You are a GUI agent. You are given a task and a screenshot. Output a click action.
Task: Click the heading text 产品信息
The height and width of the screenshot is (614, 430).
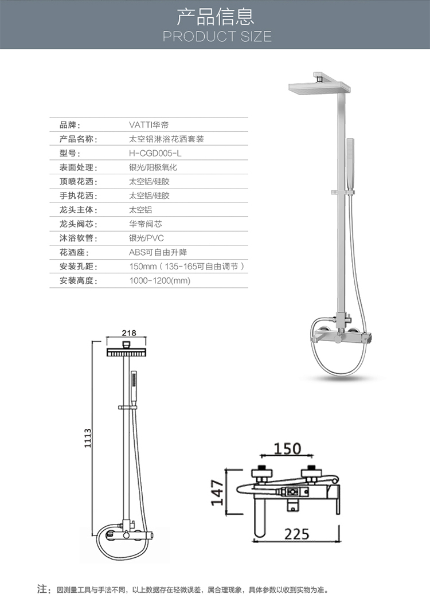click(x=216, y=16)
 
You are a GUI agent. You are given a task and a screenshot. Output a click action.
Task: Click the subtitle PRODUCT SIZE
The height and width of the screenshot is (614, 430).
click(x=217, y=37)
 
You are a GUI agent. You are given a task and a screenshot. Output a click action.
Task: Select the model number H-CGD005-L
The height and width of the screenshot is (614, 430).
click(x=155, y=153)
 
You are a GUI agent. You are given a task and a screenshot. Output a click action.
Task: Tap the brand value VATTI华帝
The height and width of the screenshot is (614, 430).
click(x=149, y=125)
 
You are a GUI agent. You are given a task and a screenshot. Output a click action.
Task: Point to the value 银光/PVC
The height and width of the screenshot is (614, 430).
click(x=146, y=238)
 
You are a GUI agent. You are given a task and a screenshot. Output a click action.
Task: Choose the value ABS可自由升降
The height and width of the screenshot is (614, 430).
click(x=158, y=252)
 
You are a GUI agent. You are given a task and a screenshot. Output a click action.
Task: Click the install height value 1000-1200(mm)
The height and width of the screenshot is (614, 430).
click(x=160, y=281)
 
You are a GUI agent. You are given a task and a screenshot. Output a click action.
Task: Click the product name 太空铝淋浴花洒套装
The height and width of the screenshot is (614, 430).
click(x=166, y=139)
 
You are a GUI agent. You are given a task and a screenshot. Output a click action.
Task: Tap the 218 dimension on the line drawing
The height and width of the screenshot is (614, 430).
click(x=129, y=333)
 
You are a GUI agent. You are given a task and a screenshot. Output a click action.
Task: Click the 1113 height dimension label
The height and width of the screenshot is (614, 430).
click(x=88, y=438)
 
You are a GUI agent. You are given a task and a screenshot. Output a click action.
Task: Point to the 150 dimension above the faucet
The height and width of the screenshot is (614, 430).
click(x=287, y=448)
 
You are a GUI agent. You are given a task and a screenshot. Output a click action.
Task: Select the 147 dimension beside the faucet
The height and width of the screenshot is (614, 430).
click(x=217, y=492)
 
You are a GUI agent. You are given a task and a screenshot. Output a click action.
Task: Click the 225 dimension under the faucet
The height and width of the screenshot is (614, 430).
click(x=296, y=534)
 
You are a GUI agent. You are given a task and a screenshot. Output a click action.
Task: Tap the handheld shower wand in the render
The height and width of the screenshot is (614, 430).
click(x=350, y=166)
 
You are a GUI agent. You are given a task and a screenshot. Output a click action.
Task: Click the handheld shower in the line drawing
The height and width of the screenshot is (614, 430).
click(x=134, y=389)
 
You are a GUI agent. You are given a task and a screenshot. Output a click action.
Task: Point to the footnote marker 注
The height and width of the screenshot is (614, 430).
click(x=41, y=589)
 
